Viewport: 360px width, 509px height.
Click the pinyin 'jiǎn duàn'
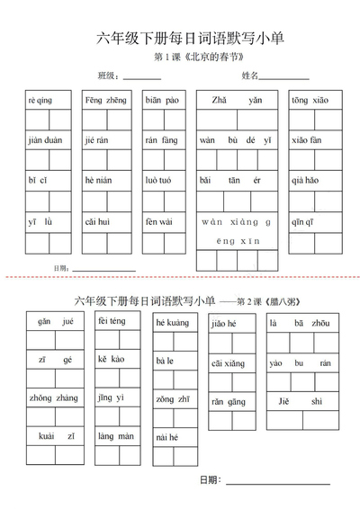45,140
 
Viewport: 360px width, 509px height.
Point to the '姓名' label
250,76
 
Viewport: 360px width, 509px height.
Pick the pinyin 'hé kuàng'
172,322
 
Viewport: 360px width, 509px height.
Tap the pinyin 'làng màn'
114,435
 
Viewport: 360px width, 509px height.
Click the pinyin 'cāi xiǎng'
228,362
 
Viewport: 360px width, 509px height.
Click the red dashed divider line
180,277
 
